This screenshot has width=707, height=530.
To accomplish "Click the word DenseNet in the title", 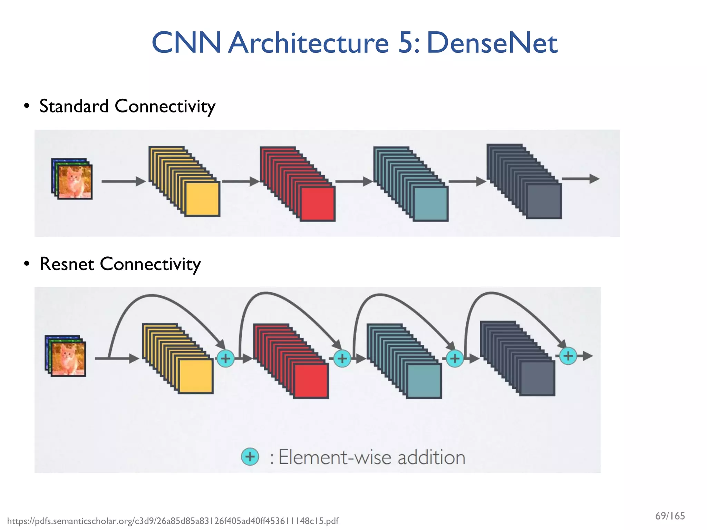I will (492, 43).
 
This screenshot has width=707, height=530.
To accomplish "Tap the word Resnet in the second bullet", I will (67, 264).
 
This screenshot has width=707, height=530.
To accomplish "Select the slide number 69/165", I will (670, 516).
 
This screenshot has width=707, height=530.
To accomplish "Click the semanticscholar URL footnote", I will (173, 521).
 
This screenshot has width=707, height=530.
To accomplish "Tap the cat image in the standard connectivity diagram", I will (75, 181).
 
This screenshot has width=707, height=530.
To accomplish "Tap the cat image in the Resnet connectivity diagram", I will (68, 359).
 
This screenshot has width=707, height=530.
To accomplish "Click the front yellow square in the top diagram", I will (202, 199).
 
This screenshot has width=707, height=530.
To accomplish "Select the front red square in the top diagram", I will (317, 204).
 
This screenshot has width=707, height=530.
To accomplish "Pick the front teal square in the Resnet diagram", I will (424, 381).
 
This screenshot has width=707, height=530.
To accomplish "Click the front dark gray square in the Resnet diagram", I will (537, 378).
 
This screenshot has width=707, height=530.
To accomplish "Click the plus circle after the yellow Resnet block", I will (225, 359).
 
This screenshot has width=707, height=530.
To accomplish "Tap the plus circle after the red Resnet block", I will (342, 359).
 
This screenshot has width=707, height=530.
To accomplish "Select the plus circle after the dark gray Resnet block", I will (568, 356).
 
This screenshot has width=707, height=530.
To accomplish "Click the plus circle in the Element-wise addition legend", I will (250, 457).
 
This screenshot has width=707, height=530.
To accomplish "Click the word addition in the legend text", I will (431, 458).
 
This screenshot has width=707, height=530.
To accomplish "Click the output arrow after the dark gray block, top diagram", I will (580, 179).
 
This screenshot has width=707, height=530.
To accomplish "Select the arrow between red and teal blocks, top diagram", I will (353, 181).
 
